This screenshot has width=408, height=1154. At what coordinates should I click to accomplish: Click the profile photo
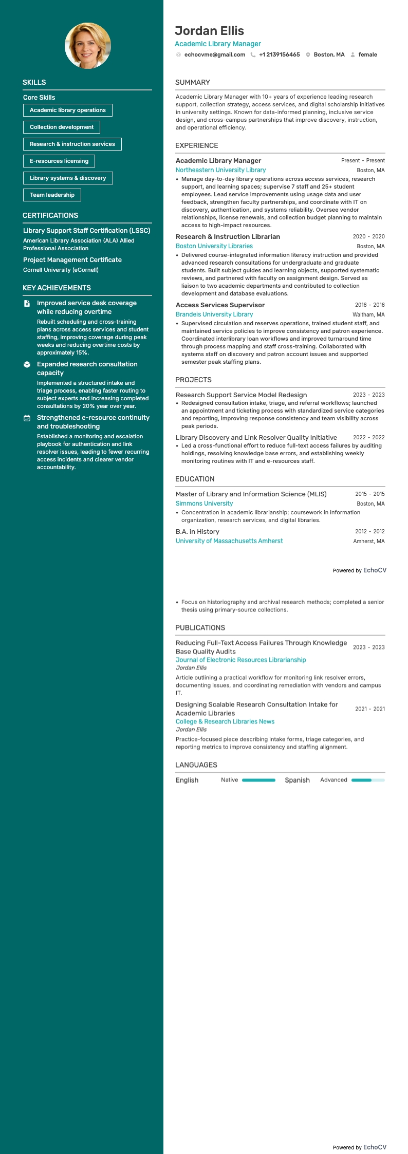[x=87, y=46]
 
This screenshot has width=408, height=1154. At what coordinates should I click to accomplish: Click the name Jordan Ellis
[x=209, y=31]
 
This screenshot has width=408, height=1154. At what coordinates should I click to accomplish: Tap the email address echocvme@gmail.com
[x=214, y=54]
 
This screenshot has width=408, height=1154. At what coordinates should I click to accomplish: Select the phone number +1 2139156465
[x=279, y=54]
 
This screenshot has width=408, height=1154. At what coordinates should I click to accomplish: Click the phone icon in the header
[x=253, y=54]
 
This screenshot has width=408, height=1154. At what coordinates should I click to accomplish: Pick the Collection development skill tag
[x=62, y=127]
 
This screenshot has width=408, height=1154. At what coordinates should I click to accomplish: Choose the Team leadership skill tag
[x=52, y=195]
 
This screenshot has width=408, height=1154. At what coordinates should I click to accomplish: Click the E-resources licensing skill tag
[x=59, y=161]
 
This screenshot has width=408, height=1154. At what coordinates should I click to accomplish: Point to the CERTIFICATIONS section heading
[x=50, y=215]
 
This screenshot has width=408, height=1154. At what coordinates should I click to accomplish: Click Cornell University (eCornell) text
[x=61, y=270]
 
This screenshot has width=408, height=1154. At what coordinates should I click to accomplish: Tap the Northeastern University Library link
[x=220, y=170]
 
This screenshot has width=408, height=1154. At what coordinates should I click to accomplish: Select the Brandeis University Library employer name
[x=214, y=314]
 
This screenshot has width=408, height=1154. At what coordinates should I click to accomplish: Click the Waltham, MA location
[x=368, y=314]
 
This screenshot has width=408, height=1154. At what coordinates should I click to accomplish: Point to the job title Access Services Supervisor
[x=220, y=305]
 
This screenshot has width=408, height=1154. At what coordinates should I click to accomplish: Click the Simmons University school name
[x=204, y=504]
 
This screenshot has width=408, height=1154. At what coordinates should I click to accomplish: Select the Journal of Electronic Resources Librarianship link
[x=240, y=660]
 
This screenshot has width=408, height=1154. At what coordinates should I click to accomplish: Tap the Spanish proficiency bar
[x=368, y=780]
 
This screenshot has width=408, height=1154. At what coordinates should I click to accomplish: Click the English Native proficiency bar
[x=258, y=780]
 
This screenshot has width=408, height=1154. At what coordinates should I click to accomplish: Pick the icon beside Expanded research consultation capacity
[x=27, y=364]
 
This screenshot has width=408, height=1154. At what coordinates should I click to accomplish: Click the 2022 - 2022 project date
[x=368, y=438]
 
